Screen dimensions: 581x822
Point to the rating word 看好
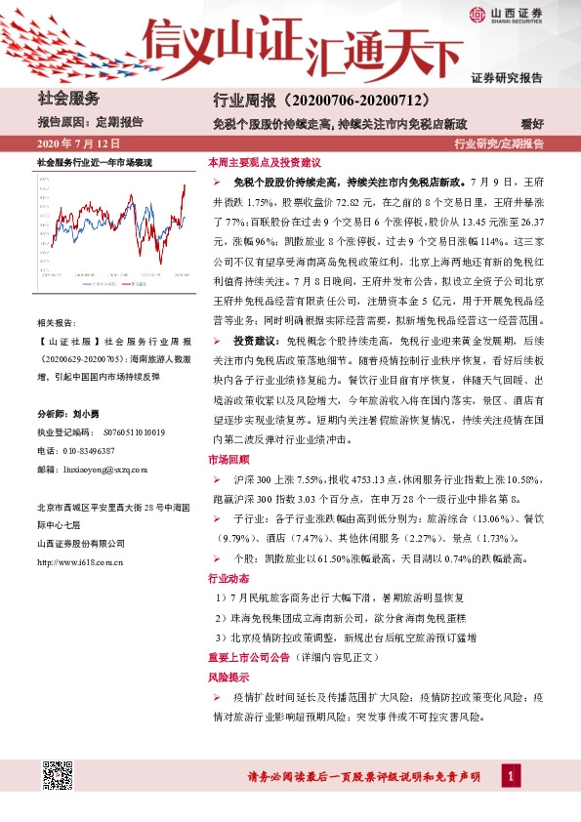click(559, 123)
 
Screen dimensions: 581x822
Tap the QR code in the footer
click(57, 777)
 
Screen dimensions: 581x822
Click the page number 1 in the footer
click(510, 777)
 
